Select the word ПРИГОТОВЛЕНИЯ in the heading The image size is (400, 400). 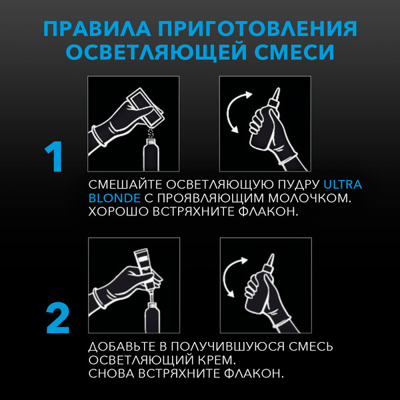(x=256, y=30)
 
